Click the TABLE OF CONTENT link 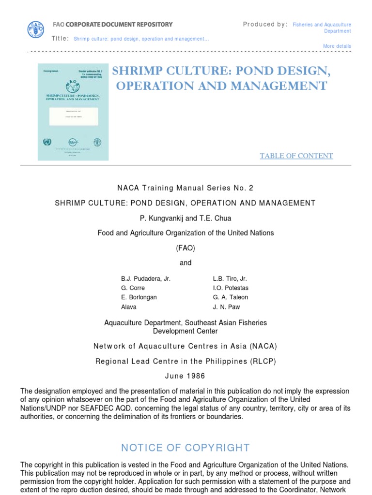296,156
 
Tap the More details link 337,46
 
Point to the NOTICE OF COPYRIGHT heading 186,448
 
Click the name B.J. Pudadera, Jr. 145,279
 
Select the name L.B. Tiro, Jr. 230,279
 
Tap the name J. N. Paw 226,306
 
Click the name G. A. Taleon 230,297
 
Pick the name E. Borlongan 139,297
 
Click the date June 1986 186,376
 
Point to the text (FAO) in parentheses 186,248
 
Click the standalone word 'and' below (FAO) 186,263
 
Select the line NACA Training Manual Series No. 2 186,188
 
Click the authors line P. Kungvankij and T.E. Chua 186,218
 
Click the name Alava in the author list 129,306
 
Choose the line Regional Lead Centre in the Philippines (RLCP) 186,361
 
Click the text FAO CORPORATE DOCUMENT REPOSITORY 112,24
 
